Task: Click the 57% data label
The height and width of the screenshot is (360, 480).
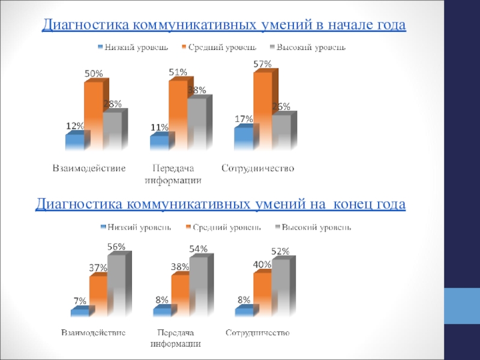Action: pos(263,64)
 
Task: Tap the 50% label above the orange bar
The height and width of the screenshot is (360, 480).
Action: pos(92,73)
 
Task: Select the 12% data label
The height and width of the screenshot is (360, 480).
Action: pos(74,126)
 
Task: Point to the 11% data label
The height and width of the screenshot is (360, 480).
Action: pos(159,127)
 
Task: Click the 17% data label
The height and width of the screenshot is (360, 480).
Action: pos(243,119)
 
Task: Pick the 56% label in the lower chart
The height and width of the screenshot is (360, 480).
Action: pos(116,247)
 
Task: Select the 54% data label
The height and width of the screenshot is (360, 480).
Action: pos(199,249)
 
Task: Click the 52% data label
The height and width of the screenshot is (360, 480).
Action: pos(280,251)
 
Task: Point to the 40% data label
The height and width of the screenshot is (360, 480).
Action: pos(261,263)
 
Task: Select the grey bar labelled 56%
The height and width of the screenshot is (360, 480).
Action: pos(116,285)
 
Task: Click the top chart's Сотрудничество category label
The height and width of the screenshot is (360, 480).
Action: pos(258,169)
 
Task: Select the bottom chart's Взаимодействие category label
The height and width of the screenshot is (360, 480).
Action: pos(94,332)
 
